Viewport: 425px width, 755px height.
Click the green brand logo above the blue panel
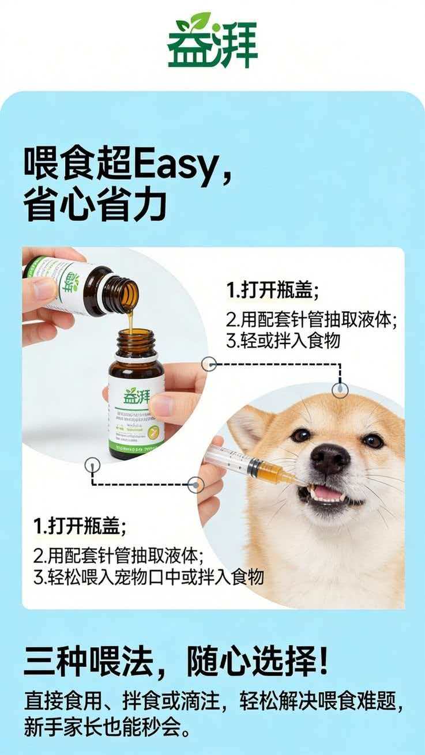[212, 40]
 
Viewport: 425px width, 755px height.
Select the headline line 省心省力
[95, 205]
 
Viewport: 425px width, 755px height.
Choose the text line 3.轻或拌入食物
[283, 341]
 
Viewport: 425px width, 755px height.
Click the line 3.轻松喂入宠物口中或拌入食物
[148, 577]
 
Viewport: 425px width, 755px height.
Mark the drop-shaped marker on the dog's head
[340, 390]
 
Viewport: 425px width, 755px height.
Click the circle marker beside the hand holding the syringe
[195, 485]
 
